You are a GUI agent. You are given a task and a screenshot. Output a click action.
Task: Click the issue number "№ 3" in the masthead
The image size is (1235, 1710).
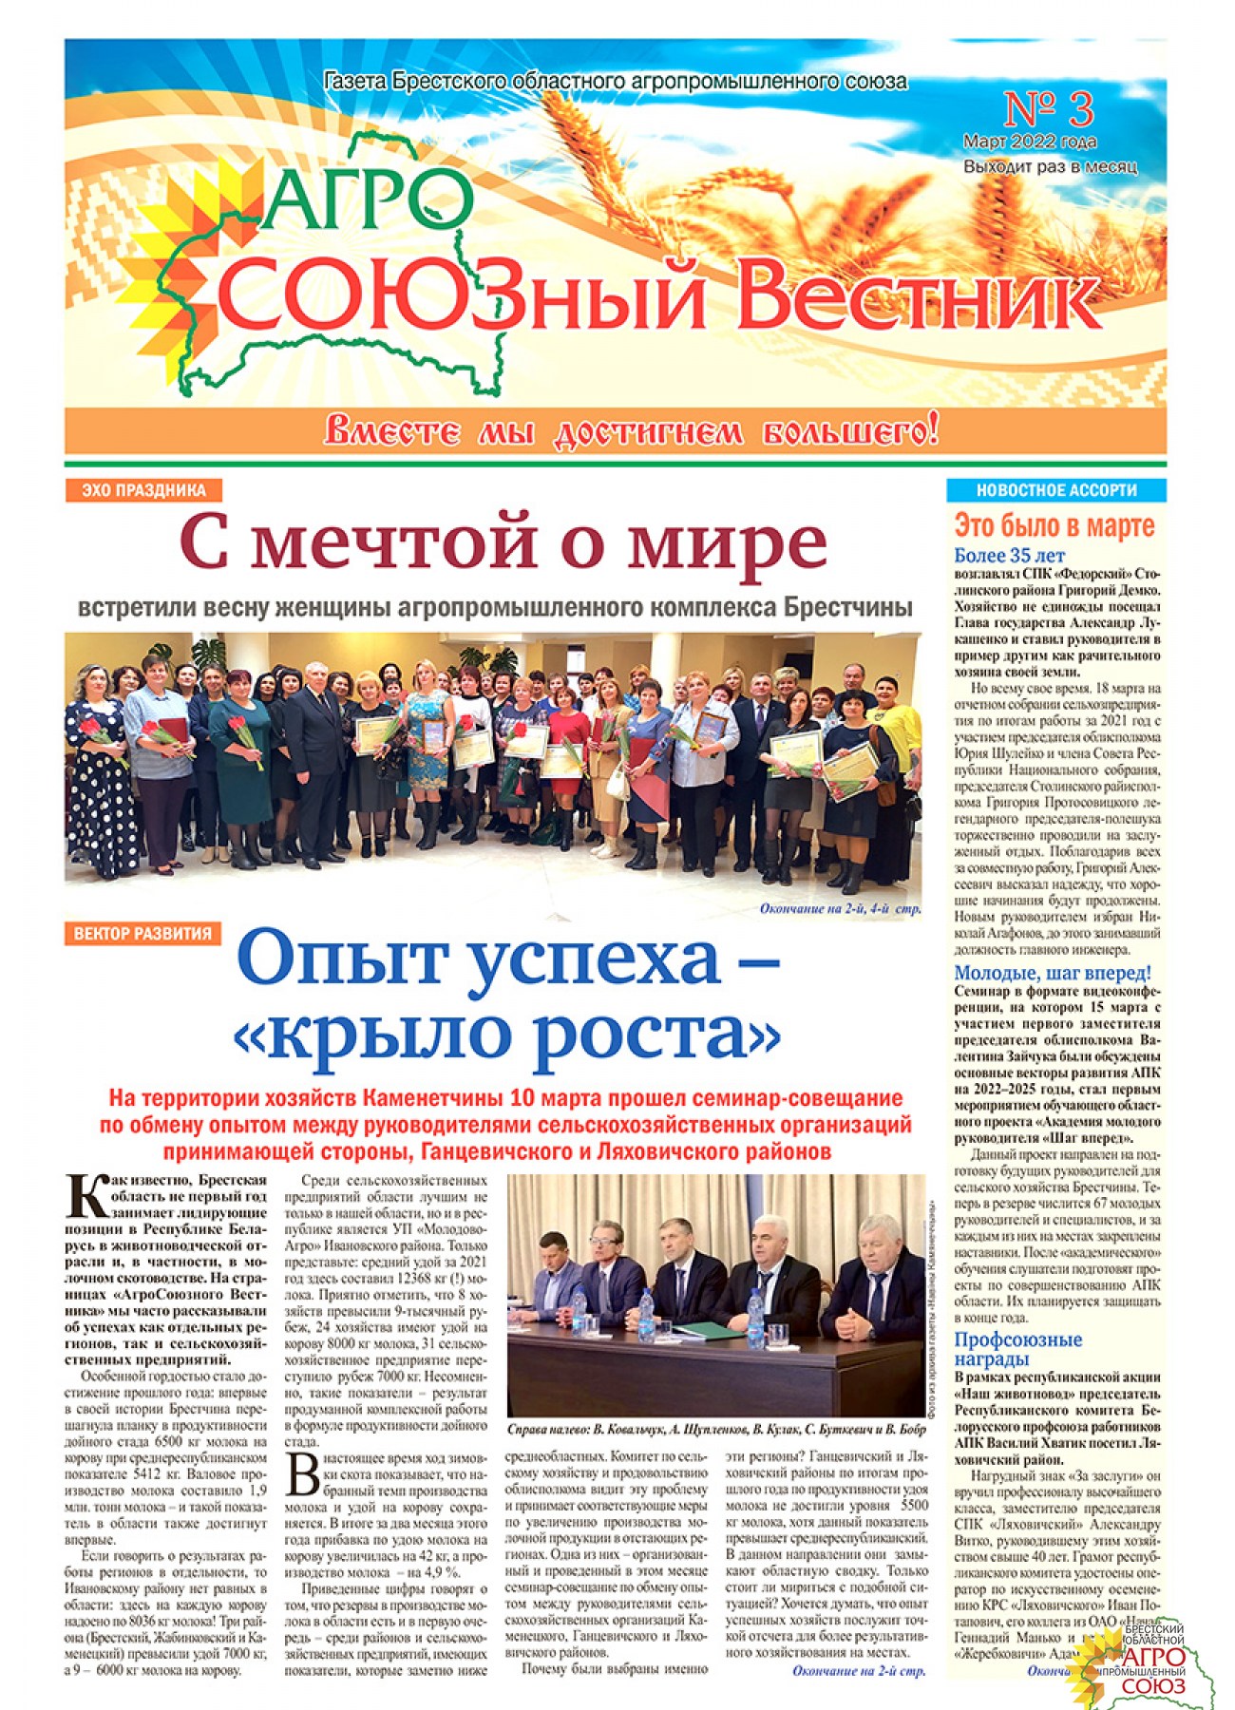click(x=1048, y=110)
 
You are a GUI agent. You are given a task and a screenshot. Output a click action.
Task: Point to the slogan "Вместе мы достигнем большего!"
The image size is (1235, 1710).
click(x=631, y=431)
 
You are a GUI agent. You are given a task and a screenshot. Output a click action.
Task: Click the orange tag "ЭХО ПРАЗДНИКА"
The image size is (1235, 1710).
click(x=143, y=490)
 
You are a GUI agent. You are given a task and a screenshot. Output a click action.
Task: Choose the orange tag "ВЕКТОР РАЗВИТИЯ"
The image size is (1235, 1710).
click(x=142, y=933)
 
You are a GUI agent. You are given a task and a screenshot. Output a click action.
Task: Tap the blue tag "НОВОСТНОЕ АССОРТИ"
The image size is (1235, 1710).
click(x=1055, y=490)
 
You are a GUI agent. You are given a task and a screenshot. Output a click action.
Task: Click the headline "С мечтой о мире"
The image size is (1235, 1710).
click(x=503, y=544)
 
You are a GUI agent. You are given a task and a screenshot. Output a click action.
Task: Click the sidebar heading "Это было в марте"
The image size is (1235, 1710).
click(x=1054, y=525)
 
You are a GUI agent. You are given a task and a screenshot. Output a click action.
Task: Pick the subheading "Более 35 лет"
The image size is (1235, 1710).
click(x=1009, y=556)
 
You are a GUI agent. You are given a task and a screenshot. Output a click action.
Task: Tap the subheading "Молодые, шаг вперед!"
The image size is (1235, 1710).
click(x=1053, y=973)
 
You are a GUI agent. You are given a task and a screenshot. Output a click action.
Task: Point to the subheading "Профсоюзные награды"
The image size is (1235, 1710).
click(x=1017, y=1349)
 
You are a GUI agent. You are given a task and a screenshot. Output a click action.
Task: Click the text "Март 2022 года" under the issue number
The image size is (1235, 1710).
click(x=1030, y=142)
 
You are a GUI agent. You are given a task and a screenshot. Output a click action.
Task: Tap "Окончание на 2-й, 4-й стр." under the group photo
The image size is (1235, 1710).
click(x=840, y=909)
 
